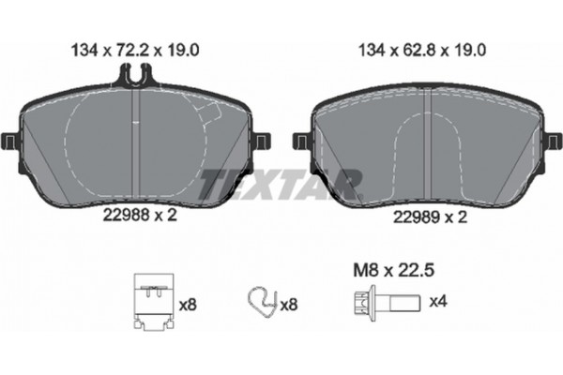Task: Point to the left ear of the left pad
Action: tap(10, 142)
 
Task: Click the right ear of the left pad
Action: tap(264, 142)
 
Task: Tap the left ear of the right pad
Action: tap(301, 141)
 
